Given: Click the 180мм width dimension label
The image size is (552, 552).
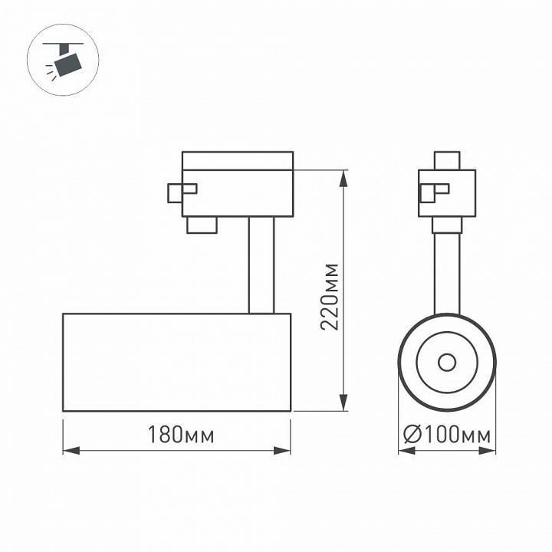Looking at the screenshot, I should [176, 435].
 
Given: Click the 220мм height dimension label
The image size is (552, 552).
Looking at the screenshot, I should [330, 296].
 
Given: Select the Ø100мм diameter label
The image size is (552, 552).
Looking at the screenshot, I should [447, 435].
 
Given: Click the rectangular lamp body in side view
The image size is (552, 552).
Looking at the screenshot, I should [176, 362].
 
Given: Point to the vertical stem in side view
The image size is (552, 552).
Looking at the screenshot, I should [261, 264].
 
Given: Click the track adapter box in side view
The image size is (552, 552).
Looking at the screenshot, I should [238, 184].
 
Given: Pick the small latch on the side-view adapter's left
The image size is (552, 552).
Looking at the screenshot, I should [182, 192].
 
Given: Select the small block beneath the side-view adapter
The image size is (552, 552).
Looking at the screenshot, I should [201, 224].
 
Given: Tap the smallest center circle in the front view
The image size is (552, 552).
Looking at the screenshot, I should [446, 362].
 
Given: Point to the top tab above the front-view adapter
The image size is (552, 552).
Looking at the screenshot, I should [446, 161].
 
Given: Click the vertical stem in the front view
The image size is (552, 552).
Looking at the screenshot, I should [446, 272].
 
